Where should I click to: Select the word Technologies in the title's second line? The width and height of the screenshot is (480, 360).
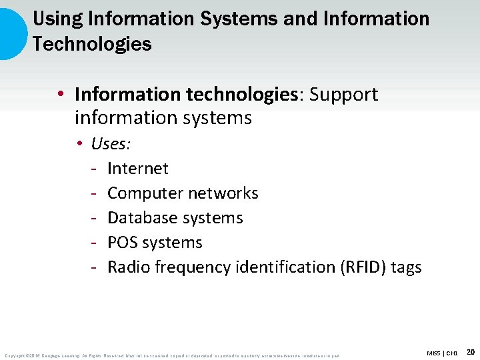pos(91,45)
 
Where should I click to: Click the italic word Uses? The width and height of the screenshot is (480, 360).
pos(111,144)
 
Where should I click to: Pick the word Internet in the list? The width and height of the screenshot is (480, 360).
pos(137,169)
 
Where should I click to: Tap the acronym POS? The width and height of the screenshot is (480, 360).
pos(123,243)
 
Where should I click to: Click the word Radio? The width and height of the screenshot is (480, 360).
pos(129,267)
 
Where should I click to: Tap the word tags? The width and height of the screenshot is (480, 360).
pos(406,267)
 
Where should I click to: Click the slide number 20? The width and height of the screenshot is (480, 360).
pos(470,351)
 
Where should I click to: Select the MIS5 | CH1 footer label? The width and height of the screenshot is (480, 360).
pos(443,353)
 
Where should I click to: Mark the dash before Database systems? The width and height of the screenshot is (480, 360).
pos(95,218)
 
